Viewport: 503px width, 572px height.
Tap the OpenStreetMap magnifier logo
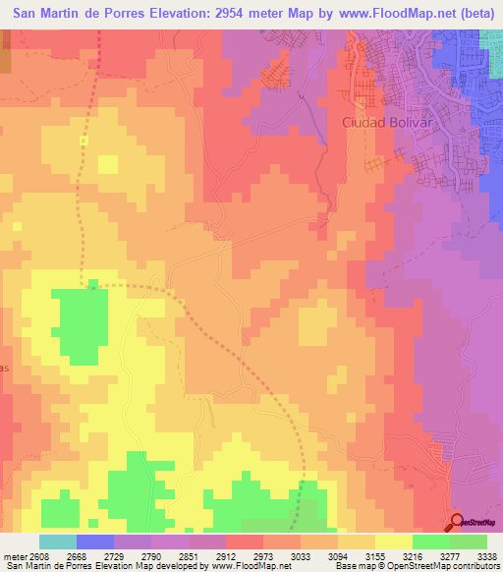click(x=458, y=522)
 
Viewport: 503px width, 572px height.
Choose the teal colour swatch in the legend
click(x=57, y=542)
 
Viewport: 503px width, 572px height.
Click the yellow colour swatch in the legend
click(x=393, y=542)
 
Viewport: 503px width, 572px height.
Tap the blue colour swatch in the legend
click(x=94, y=542)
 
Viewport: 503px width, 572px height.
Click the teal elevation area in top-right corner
click(x=491, y=39)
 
